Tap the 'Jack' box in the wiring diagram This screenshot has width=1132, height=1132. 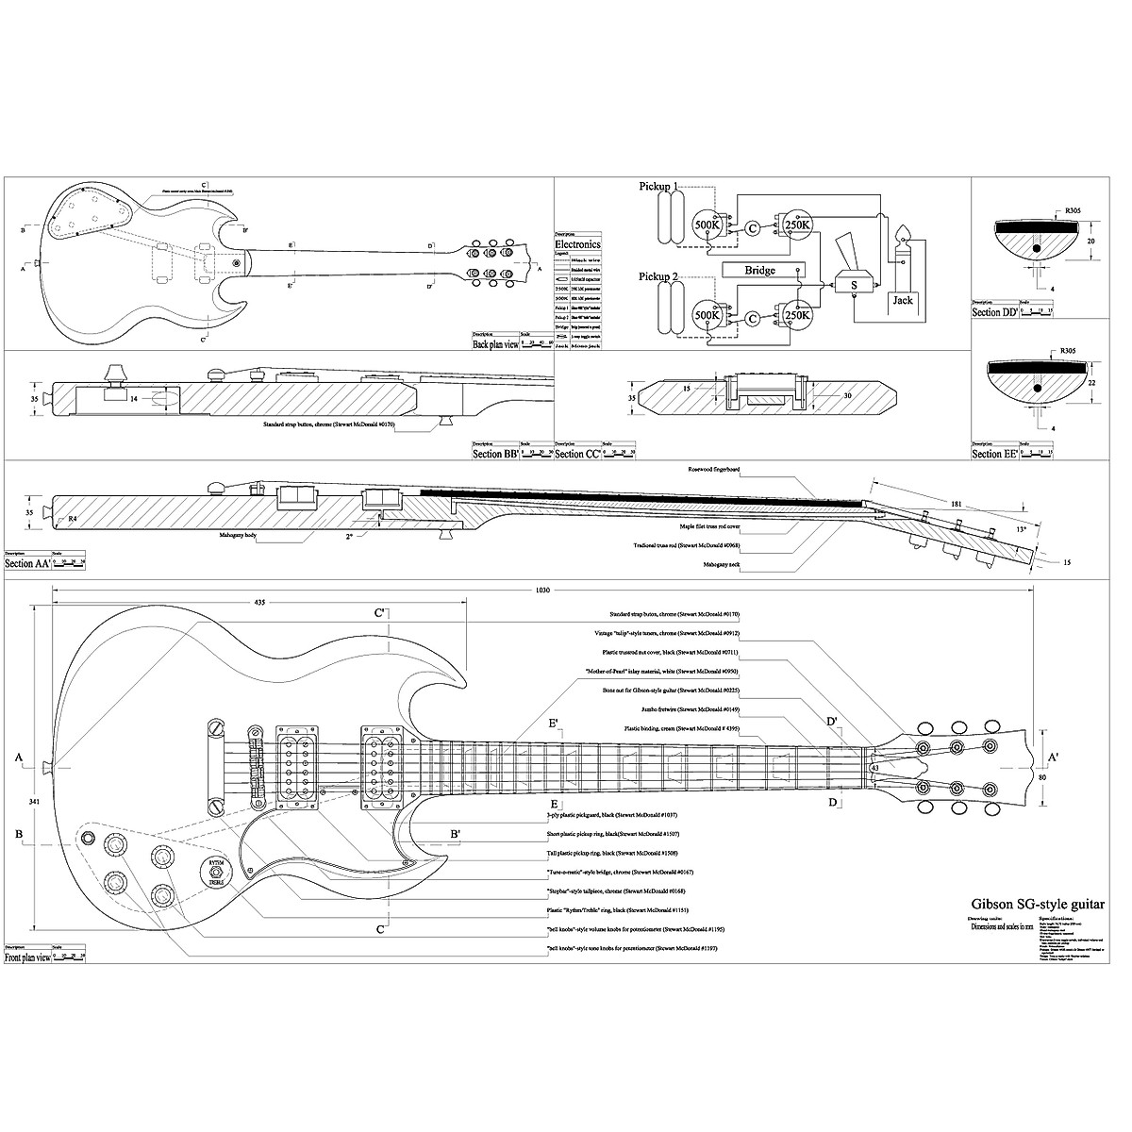point(903,300)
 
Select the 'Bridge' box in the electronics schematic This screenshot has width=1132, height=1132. point(759,271)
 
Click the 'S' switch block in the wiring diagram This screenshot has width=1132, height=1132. point(854,283)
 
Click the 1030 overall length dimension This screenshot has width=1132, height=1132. point(541,590)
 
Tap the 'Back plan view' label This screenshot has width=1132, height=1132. point(497,344)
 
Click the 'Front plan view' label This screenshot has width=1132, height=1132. point(26,957)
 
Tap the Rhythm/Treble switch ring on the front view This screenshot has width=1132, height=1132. point(215,874)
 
